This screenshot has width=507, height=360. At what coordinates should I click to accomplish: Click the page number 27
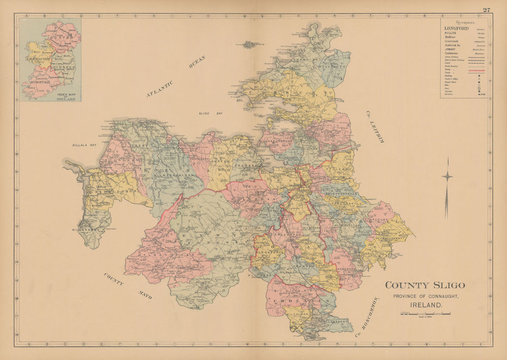click(487, 10)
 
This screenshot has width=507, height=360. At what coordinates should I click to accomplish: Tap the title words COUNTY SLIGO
click(425, 285)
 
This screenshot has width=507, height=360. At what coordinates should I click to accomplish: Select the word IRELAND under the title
click(425, 305)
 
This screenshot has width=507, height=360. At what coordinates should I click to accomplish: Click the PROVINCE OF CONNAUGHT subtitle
click(425, 296)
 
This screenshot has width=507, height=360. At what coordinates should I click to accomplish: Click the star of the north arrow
click(447, 176)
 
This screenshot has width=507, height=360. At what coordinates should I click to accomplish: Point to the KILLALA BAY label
click(84, 145)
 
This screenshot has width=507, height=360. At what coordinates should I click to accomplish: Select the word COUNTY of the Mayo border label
click(114, 279)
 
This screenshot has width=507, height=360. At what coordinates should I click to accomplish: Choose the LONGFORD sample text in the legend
click(455, 28)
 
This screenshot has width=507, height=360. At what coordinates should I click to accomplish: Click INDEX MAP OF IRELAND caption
click(66, 97)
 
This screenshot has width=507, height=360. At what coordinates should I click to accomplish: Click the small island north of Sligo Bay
click(250, 44)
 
